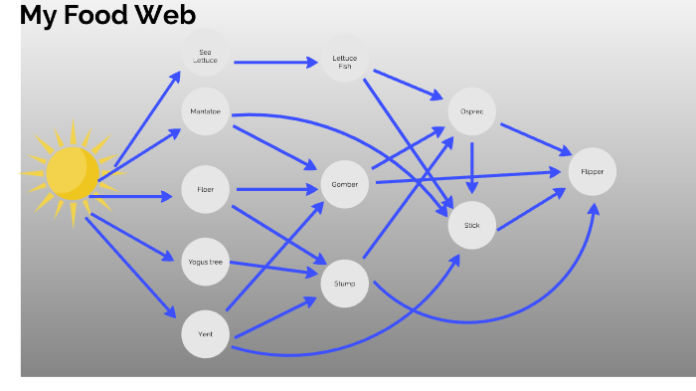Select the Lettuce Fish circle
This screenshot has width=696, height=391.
click(344, 62)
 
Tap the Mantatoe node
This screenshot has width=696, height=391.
click(206, 111)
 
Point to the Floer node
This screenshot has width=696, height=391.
click(206, 189)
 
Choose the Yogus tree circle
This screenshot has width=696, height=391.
click(206, 263)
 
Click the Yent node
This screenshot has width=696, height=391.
click(206, 334)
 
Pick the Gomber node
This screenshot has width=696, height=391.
click(345, 184)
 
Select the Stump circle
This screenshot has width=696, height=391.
click(345, 284)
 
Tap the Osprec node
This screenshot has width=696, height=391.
click(472, 111)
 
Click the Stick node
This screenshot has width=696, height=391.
click(472, 225)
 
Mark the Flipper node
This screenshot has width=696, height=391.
click(593, 172)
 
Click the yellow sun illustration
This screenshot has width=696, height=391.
click(72, 174)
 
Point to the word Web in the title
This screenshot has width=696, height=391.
click(168, 15)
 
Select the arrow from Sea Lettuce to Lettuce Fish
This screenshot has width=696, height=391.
click(273, 63)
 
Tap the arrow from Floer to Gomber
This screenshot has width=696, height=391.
click(273, 188)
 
